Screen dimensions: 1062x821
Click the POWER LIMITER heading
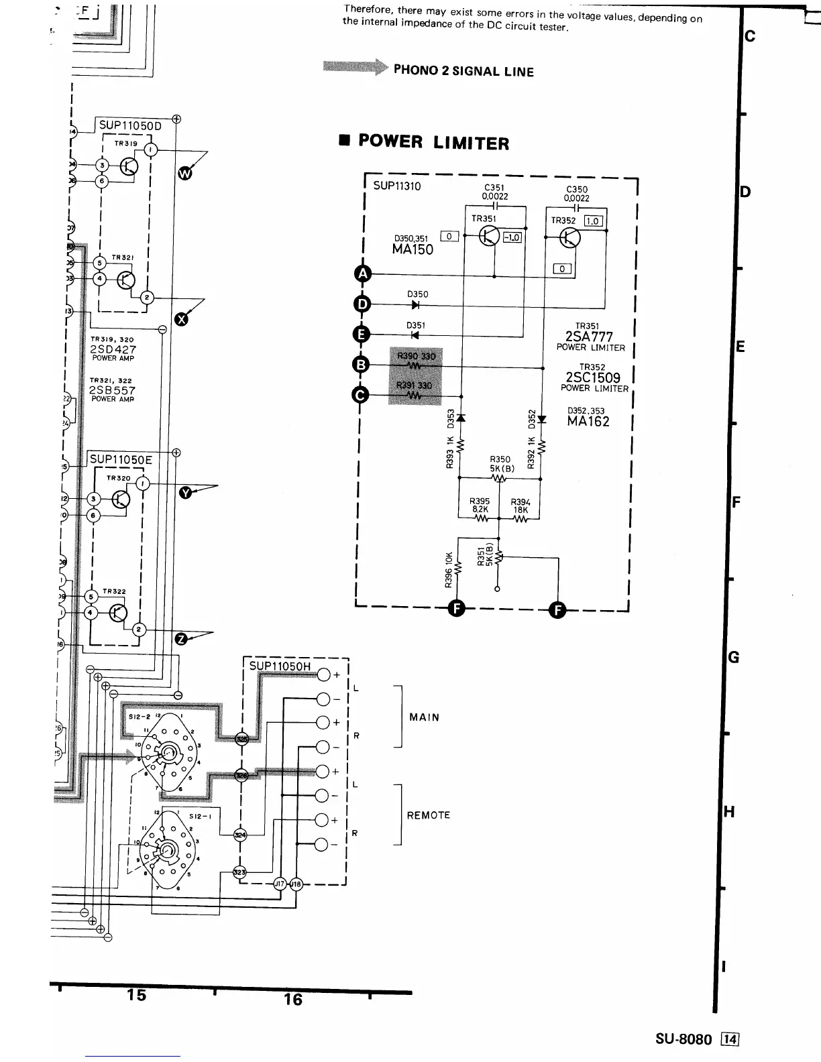[433, 142]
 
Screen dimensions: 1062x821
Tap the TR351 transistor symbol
[490, 237]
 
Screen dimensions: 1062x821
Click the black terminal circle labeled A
[362, 274]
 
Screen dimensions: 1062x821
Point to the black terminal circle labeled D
[362, 304]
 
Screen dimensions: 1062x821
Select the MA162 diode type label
[588, 422]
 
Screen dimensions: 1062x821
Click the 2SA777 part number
[589, 337]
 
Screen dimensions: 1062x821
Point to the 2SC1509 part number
[593, 377]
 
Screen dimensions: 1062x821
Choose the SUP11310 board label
[397, 186]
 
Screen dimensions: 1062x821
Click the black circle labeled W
[184, 175]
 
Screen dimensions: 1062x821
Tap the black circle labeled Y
[186, 493]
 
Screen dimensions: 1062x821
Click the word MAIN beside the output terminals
[424, 717]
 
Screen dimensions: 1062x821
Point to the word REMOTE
[428, 815]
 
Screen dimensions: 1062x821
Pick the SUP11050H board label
[280, 666]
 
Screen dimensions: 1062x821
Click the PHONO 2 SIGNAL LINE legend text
[463, 71]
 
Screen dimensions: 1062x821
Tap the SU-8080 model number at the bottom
[683, 1039]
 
